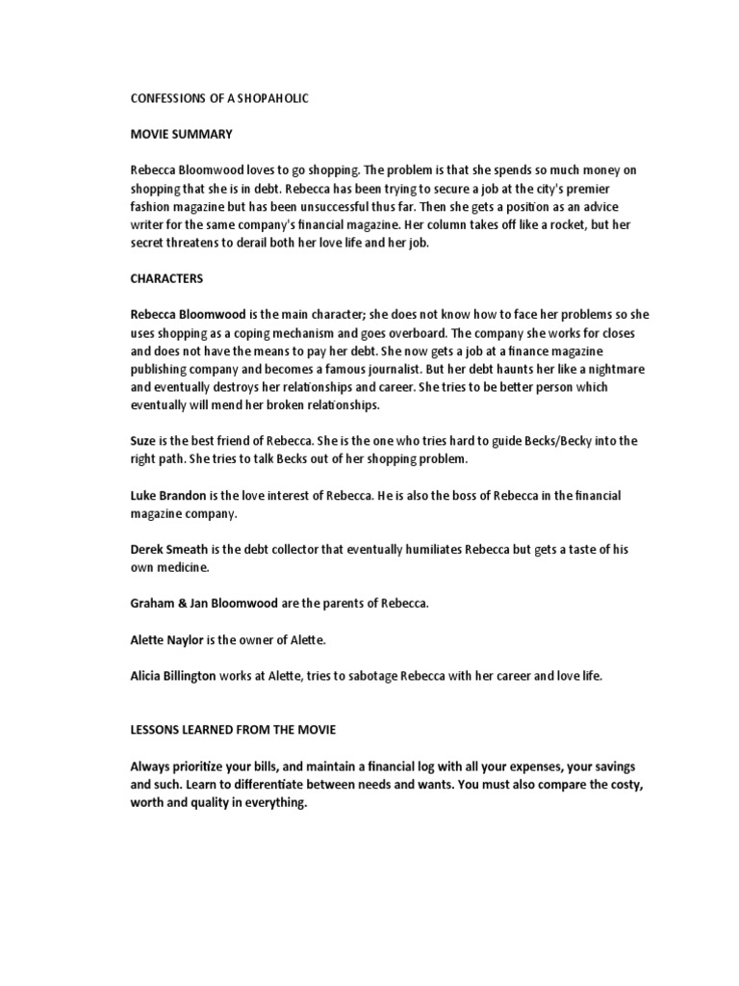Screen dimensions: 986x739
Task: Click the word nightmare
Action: click(x=587, y=369)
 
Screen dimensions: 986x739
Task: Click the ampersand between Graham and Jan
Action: click(x=180, y=604)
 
